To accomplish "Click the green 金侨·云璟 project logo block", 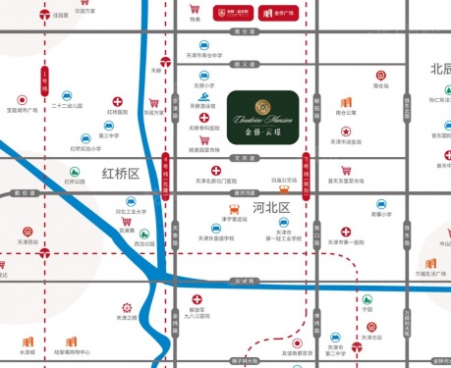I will tap(261, 118).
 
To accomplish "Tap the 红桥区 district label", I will tap(121, 173).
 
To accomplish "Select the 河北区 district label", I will tap(270, 208).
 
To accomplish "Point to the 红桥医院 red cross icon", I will tap(118, 101).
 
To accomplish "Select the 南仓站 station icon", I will tap(380, 76).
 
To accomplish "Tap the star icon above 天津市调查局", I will tap(345, 131).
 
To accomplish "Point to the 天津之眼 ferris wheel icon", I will tap(125, 307).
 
